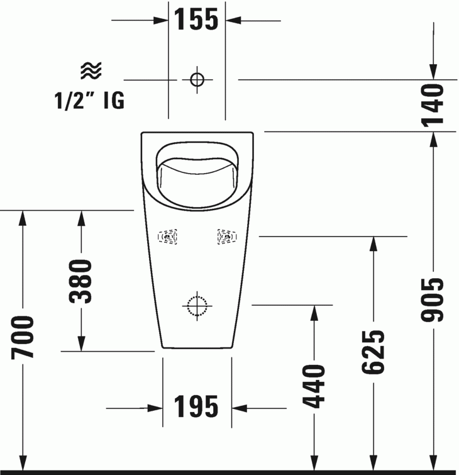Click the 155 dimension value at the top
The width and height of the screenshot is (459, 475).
click(196, 20)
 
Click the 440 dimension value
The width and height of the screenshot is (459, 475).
click(313, 385)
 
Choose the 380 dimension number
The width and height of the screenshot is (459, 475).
click(80, 281)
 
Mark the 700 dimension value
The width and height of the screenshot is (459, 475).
click(23, 337)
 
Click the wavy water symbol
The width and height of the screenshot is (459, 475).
click(91, 71)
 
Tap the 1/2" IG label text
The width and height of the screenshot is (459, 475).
click(89, 101)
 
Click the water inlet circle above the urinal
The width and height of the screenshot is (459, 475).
click(197, 79)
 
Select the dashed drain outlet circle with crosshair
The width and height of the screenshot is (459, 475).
click(197, 305)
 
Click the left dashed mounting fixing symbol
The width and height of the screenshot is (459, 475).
click(167, 237)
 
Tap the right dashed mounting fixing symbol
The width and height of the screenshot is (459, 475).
click(227, 237)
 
